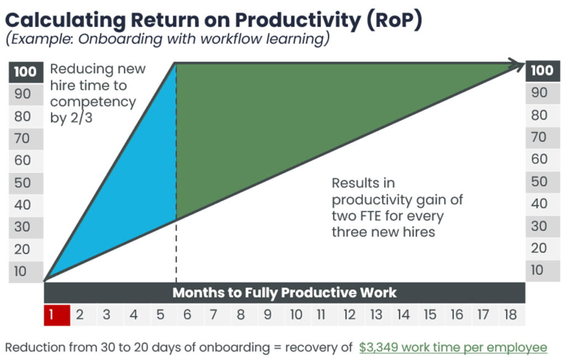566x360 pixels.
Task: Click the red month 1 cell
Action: tap(57, 315)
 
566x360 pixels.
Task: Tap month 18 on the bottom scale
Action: tap(511, 315)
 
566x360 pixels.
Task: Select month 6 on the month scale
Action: tap(187, 315)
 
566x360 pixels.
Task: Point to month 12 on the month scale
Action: tap(349, 315)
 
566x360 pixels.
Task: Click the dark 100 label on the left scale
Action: tap(26, 72)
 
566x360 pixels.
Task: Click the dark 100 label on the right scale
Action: tap(542, 70)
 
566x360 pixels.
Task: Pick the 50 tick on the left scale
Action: tap(23, 182)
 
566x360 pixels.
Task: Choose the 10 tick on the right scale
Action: tap(538, 270)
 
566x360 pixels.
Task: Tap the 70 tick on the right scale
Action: tap(539, 137)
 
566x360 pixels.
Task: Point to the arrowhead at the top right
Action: tap(518, 66)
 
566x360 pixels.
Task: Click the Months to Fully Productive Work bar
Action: tap(284, 292)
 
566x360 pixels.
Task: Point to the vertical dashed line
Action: tap(176, 249)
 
